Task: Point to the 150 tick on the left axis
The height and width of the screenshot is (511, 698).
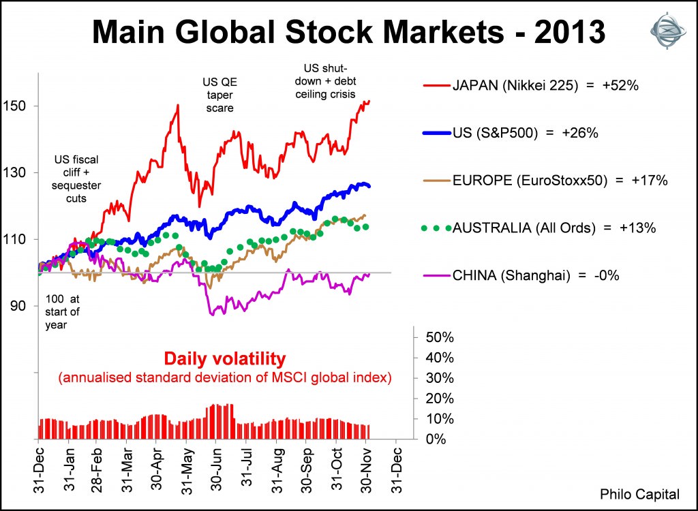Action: click(16, 106)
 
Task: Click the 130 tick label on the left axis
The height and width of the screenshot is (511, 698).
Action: click(16, 172)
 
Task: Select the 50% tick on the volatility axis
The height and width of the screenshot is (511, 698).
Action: click(440, 338)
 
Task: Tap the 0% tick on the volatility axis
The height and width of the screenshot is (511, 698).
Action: click(437, 439)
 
